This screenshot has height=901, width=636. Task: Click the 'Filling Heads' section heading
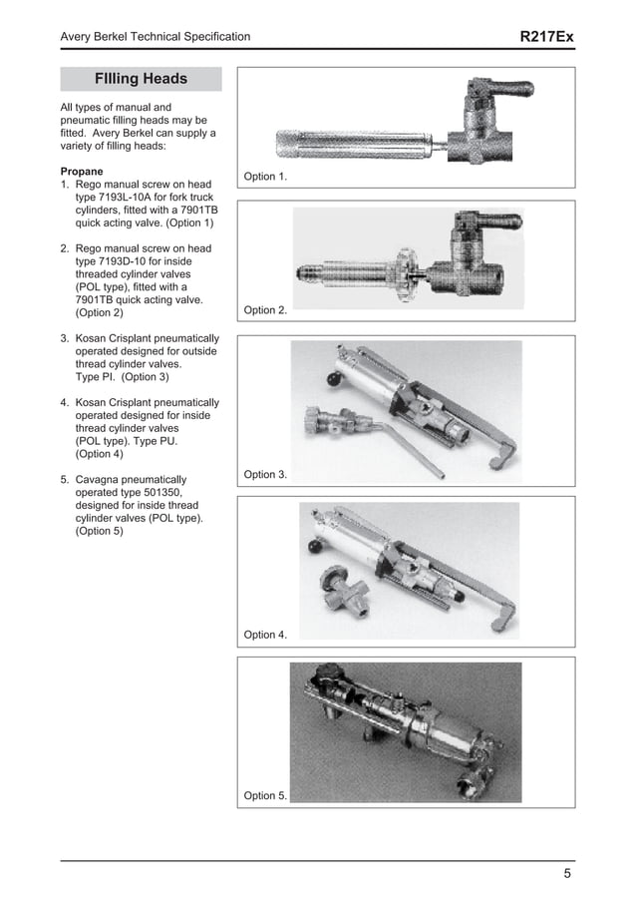point(141,79)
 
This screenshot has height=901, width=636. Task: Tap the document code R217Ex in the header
point(547,37)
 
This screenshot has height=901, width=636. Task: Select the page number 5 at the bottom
point(567,875)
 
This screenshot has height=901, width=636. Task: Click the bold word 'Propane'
point(82,171)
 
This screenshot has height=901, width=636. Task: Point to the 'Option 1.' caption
point(265,177)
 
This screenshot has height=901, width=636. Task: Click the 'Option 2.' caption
point(265,310)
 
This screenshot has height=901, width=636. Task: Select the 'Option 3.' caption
point(265,474)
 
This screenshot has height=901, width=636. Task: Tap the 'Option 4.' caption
point(265,635)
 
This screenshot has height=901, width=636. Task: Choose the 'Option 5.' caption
point(265,795)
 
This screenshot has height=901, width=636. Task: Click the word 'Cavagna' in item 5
point(98,480)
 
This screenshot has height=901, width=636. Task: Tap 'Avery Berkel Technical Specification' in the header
point(156,37)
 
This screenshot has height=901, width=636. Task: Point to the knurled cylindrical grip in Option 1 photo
point(348,147)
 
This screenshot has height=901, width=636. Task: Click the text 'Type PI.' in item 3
point(97,377)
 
